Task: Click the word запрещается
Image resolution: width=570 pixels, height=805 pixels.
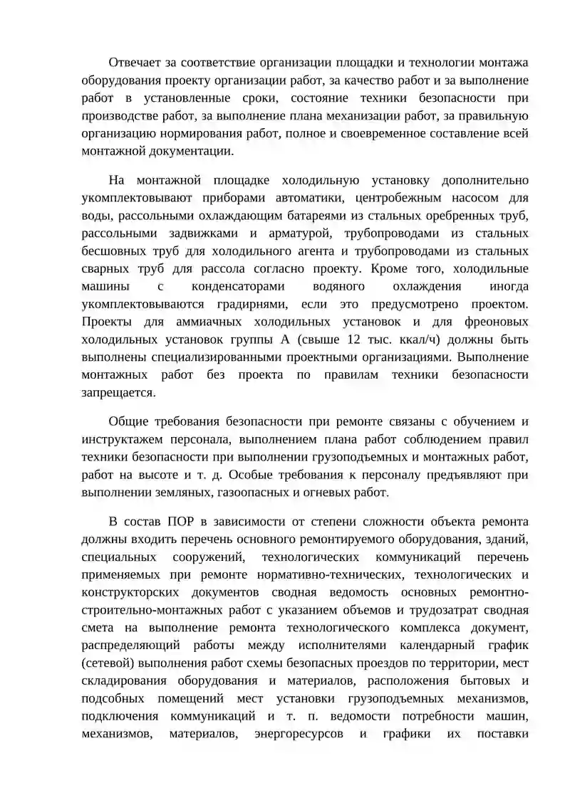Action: (x=118, y=392)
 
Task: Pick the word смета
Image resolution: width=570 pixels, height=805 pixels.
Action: (x=98, y=627)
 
